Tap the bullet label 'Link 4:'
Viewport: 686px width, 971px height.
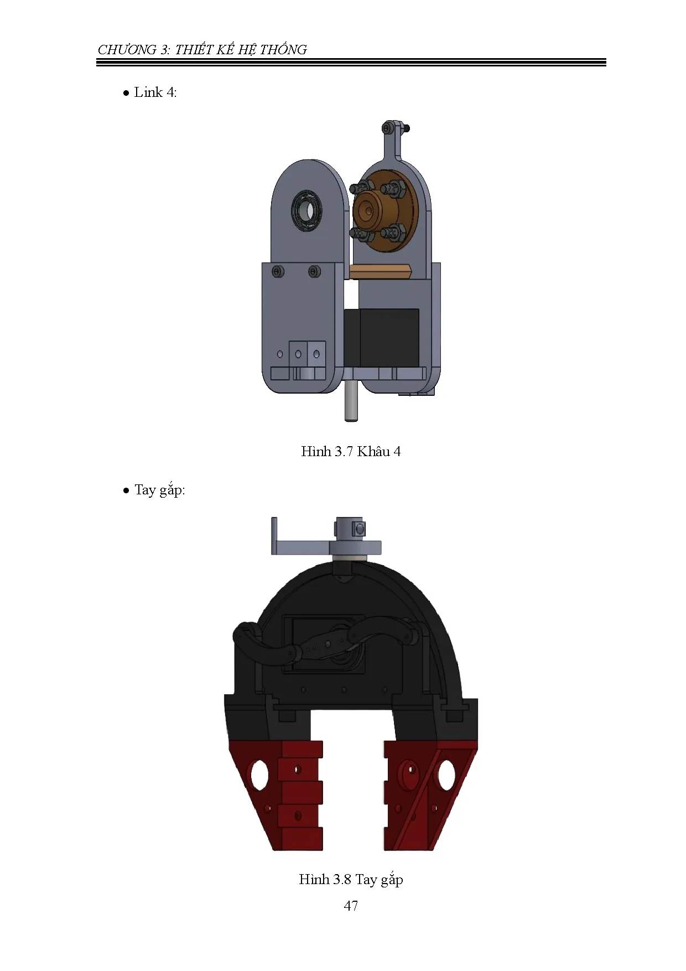point(155,92)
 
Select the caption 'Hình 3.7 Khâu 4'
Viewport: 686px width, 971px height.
point(351,452)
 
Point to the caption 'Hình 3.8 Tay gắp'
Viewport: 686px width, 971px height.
point(351,880)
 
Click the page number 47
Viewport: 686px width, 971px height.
point(351,906)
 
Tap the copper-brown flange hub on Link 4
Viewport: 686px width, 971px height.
point(368,210)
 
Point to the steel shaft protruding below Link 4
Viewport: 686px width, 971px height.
point(350,401)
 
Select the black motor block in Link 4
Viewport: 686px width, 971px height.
point(382,337)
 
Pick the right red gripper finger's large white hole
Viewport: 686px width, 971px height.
point(445,775)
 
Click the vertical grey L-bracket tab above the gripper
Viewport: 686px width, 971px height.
point(274,535)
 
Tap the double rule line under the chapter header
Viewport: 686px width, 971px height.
point(351,63)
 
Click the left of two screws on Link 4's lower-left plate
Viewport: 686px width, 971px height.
point(277,271)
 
